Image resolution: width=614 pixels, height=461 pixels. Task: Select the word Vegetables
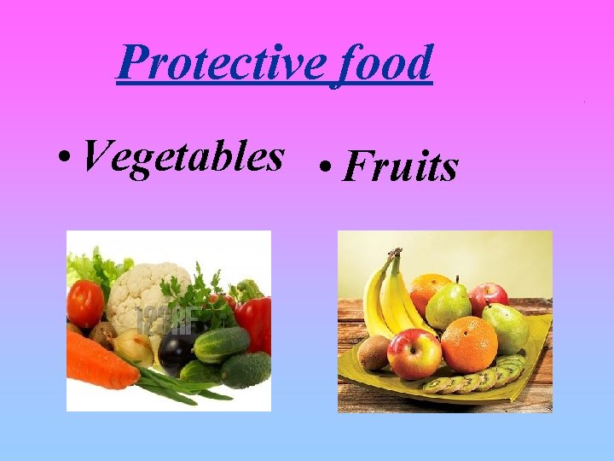[183, 157]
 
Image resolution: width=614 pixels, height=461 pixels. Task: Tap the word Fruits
[400, 166]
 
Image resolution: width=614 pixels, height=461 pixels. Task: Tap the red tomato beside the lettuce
[85, 303]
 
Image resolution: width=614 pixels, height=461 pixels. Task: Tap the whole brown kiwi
[374, 352]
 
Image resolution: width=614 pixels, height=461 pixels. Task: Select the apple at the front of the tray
[414, 353]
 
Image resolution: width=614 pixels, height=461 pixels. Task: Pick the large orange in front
[468, 343]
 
